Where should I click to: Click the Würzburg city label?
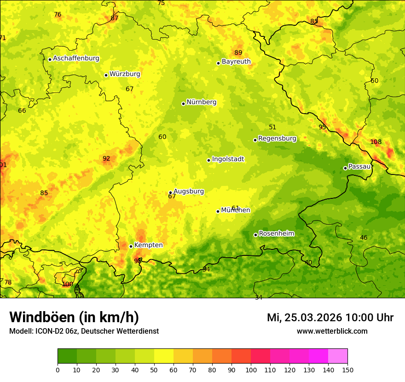coord(124,74)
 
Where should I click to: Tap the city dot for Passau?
coord(345,168)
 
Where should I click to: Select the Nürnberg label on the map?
coord(201,102)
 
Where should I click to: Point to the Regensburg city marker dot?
coord(255,140)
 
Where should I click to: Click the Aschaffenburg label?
coord(76,58)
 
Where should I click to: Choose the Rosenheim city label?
coord(276,234)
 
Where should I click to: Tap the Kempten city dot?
coord(131,246)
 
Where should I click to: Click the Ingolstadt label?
coord(228,159)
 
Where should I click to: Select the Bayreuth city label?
coord(236,62)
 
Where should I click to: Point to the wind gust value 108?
coord(376,142)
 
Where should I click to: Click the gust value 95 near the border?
coord(322,127)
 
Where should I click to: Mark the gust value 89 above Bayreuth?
coord(238,52)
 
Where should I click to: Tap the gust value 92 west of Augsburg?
coord(106,158)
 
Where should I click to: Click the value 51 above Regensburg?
coord(272,127)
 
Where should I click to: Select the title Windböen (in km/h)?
coord(74,317)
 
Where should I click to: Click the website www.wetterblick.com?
coord(332,331)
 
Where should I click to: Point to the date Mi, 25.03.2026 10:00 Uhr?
coord(330,318)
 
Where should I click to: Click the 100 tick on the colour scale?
coord(251,370)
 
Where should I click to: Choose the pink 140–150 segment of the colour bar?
coord(338,356)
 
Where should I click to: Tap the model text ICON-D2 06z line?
coord(84,331)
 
